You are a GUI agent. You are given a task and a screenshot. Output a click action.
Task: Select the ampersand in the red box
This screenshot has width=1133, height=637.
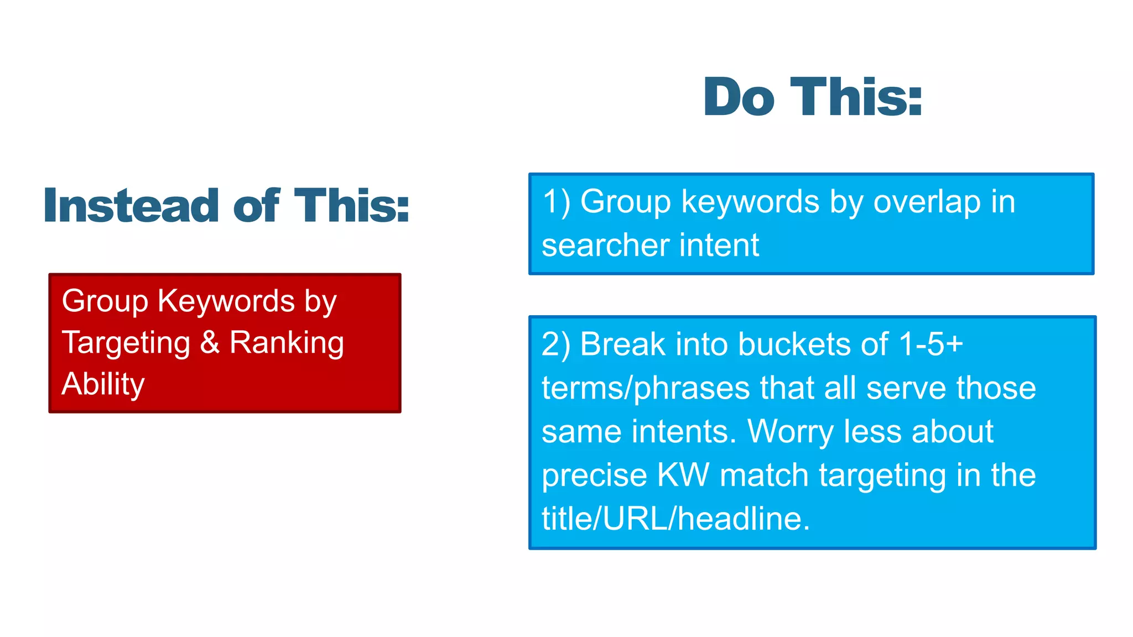pyautogui.click(x=210, y=342)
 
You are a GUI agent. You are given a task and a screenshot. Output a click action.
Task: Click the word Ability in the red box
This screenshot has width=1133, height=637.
pyautogui.click(x=103, y=384)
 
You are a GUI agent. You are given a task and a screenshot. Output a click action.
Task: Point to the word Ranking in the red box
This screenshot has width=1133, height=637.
pyautogui.click(x=287, y=343)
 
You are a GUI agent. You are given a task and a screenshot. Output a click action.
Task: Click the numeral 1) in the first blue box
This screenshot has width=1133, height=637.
pyautogui.click(x=556, y=201)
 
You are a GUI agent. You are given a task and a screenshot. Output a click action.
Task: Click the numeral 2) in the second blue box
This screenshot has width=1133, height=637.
pyautogui.click(x=556, y=344)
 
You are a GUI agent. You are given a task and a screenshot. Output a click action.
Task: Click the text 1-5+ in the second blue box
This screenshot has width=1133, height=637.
pyautogui.click(x=931, y=344)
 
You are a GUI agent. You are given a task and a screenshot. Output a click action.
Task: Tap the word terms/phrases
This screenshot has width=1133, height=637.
pyautogui.click(x=645, y=388)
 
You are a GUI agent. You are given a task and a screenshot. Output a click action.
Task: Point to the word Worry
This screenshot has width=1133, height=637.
pyautogui.click(x=791, y=432)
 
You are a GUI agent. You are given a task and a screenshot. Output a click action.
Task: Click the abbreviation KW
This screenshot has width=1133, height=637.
pyautogui.click(x=683, y=475)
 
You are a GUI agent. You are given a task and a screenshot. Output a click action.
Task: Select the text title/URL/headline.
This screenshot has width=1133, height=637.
pyautogui.click(x=675, y=519)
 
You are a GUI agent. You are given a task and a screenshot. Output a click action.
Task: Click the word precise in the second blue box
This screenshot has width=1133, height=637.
pyautogui.click(x=594, y=476)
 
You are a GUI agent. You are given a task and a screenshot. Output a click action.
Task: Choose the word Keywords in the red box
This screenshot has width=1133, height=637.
pyautogui.click(x=226, y=301)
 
